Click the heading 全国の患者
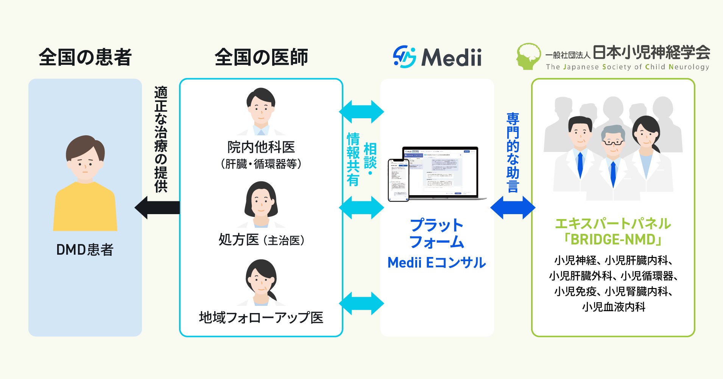[x=85, y=57]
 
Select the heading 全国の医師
[x=261, y=57]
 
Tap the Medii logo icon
[x=404, y=57]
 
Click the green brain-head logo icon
[x=529, y=56]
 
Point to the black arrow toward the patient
[x=157, y=207]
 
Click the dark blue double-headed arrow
[x=513, y=207]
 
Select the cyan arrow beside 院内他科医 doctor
[x=361, y=112]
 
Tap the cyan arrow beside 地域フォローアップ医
[x=361, y=303]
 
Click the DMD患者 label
[x=85, y=250]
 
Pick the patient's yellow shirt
[x=85, y=208]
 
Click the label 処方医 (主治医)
[x=261, y=240]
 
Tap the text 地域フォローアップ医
[x=261, y=318]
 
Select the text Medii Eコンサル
[x=436, y=262]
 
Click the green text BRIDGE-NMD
[x=613, y=240]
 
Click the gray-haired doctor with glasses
[x=613, y=159]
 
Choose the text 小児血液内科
[x=613, y=307]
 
